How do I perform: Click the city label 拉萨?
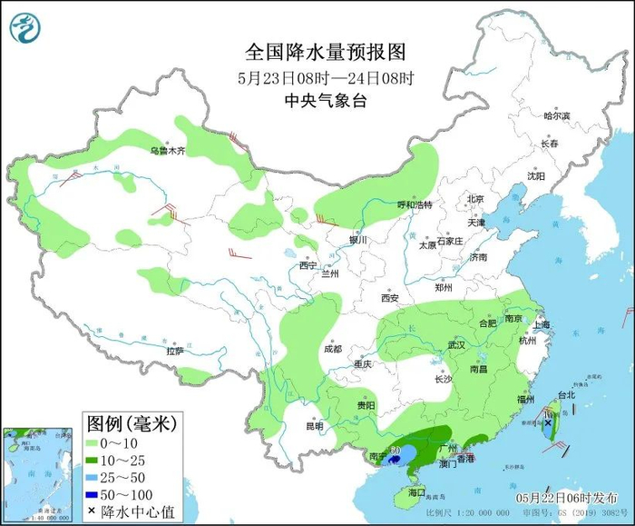coord(175,351)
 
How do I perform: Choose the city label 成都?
coord(332,349)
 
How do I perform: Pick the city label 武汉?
coord(455,345)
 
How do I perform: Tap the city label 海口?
coord(417,491)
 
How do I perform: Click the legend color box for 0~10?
coord(94,442)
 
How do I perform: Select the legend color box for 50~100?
coord(94,494)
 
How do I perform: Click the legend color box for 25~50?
coord(94,477)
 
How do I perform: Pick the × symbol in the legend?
coord(94,512)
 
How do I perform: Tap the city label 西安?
coord(390,297)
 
